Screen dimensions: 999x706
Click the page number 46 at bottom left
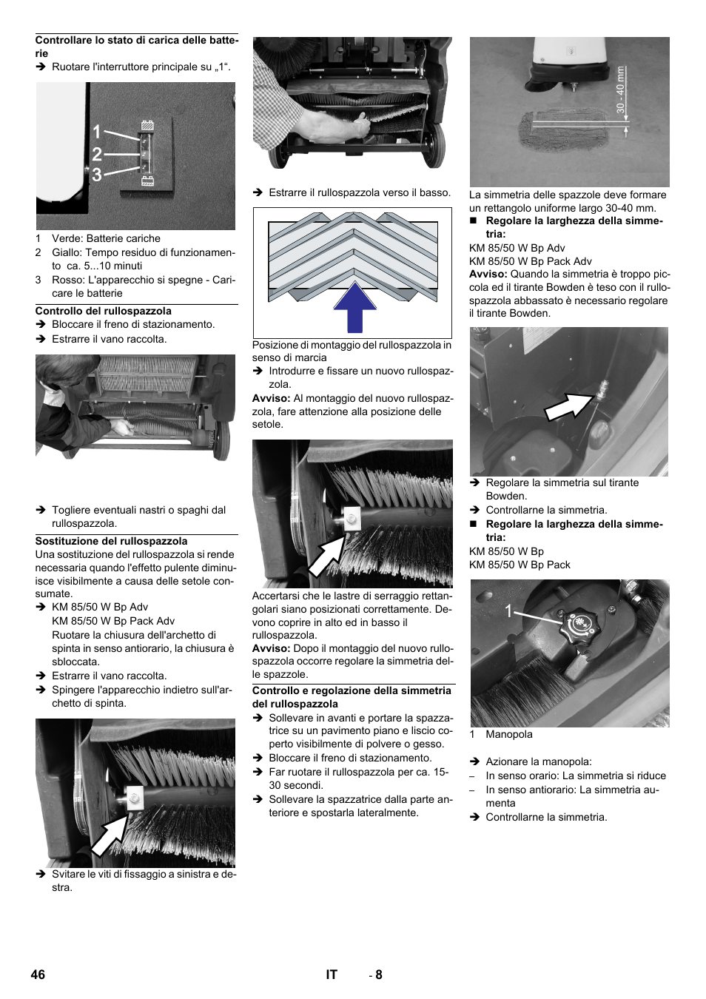38,975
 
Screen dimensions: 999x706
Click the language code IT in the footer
332,975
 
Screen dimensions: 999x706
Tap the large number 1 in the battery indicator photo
97,132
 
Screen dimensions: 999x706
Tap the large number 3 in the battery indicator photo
97,175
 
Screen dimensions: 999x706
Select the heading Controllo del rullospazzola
104,311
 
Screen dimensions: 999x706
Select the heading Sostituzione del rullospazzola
111,541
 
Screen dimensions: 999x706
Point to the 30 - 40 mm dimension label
620,90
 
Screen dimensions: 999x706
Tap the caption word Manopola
509,734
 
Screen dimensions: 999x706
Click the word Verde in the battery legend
67,238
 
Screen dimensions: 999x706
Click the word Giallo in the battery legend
67,252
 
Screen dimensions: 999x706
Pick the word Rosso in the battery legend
68,280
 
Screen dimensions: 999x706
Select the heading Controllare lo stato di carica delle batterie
136,46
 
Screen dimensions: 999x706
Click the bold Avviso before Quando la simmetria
488,274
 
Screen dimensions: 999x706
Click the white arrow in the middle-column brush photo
326,555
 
